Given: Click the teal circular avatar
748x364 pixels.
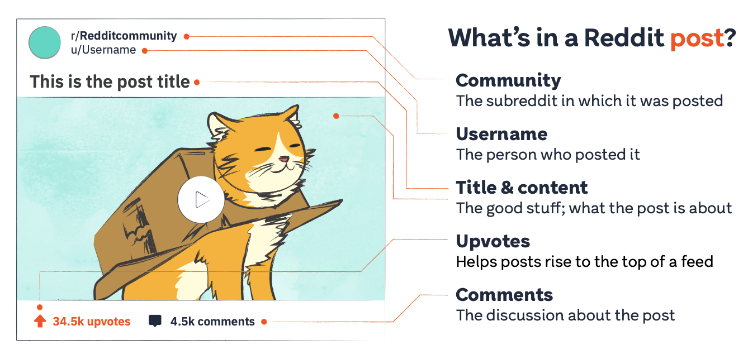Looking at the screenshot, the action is click(x=45, y=42).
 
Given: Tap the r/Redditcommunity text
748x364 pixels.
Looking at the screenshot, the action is click(x=124, y=36).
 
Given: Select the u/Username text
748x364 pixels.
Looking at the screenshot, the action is click(x=103, y=50).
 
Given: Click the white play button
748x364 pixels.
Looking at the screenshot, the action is click(x=201, y=199).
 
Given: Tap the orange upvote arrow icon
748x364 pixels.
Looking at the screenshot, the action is click(x=40, y=321).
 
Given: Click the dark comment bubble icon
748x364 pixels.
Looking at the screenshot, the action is click(x=155, y=321).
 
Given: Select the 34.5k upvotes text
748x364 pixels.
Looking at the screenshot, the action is click(x=92, y=322).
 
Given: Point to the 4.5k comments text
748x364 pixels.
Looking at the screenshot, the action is click(x=212, y=322).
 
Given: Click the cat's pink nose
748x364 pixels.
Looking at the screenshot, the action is click(x=284, y=159).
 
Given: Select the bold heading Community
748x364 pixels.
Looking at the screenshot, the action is click(x=508, y=80).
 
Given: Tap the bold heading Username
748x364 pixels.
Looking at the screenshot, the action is click(x=501, y=134).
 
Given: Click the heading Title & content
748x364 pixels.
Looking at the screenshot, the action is click(x=522, y=188).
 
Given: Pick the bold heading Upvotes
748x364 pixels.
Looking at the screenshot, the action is click(x=493, y=241).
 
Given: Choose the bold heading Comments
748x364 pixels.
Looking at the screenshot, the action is click(x=504, y=295).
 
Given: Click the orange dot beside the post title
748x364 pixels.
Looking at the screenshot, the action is click(x=197, y=82).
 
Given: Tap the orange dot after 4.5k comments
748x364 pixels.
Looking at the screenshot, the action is click(x=264, y=322).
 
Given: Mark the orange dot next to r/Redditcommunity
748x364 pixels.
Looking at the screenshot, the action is click(x=187, y=37).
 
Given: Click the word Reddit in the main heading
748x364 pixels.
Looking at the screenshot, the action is click(x=624, y=37).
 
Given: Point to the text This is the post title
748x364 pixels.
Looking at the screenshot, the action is click(x=110, y=82).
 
